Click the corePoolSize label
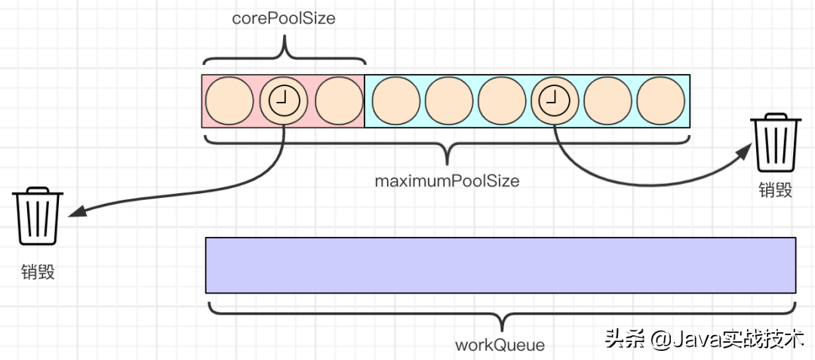(x=283, y=19)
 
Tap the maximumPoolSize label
(x=447, y=182)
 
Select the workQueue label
(x=500, y=346)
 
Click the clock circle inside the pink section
(x=284, y=100)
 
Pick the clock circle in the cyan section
(x=555, y=100)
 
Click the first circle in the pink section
(x=229, y=100)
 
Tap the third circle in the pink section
(x=339, y=100)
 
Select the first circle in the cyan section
(x=395, y=100)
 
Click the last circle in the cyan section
(x=661, y=100)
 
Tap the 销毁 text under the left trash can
(x=38, y=272)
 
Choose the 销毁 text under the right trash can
(x=776, y=189)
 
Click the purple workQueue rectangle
(x=500, y=265)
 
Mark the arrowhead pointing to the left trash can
(x=76, y=214)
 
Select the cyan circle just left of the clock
(x=502, y=100)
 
